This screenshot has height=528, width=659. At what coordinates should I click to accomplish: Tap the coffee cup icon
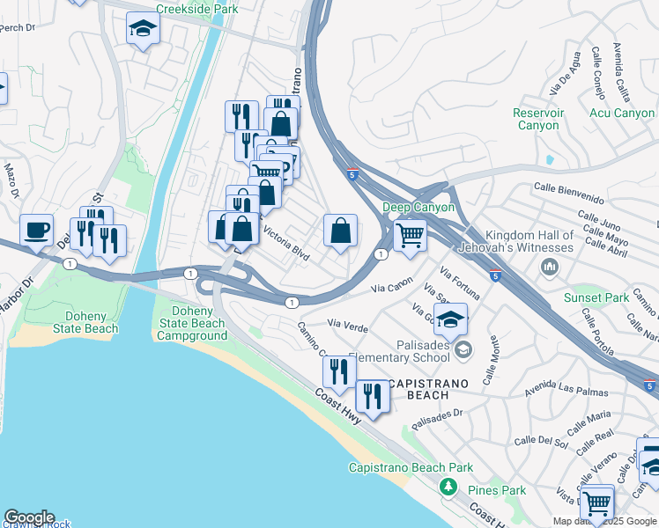[x=36, y=231]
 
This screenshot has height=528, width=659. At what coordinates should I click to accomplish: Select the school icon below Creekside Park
[x=143, y=30]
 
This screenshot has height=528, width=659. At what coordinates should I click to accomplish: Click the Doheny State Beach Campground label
[x=191, y=323]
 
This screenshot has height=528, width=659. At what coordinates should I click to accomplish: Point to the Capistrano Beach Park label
[x=411, y=467]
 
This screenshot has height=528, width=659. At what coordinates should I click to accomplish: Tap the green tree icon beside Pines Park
[x=448, y=486]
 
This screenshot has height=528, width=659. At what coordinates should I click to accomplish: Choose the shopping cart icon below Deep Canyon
[x=410, y=235]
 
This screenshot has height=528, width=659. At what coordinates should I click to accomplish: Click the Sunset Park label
[x=596, y=297]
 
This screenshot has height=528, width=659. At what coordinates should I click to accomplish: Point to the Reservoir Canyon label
[x=537, y=119]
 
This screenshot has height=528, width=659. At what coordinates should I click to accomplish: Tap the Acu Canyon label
[x=622, y=113]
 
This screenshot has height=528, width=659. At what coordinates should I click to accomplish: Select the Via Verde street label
[x=347, y=326]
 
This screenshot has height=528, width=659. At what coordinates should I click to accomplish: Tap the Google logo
[x=29, y=517]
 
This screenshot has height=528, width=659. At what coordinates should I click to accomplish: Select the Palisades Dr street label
[x=437, y=412]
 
